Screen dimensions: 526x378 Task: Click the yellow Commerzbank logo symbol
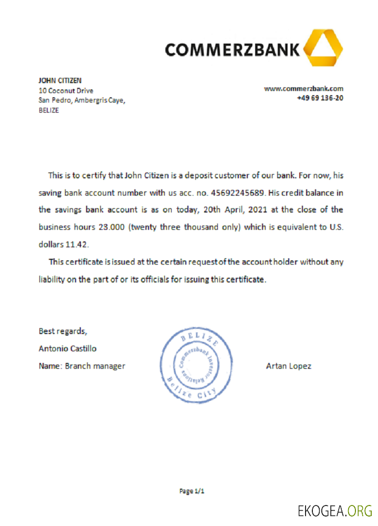(x=323, y=48)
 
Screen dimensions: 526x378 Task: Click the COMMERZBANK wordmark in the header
(x=233, y=50)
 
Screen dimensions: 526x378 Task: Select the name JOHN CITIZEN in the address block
(x=60, y=80)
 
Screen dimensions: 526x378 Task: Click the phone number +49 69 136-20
(x=320, y=98)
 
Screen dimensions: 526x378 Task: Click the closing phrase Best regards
(x=62, y=331)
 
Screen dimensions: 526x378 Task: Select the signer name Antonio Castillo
(x=67, y=348)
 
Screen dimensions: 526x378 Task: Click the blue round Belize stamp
(x=196, y=366)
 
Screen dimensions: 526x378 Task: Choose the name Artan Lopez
(x=288, y=366)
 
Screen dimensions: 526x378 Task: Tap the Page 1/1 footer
(x=192, y=491)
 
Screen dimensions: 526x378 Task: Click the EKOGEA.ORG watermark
(x=334, y=510)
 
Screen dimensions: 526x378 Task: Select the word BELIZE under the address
(x=49, y=110)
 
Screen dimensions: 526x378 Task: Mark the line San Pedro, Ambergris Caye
(x=82, y=100)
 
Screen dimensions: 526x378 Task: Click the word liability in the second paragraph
(x=51, y=279)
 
